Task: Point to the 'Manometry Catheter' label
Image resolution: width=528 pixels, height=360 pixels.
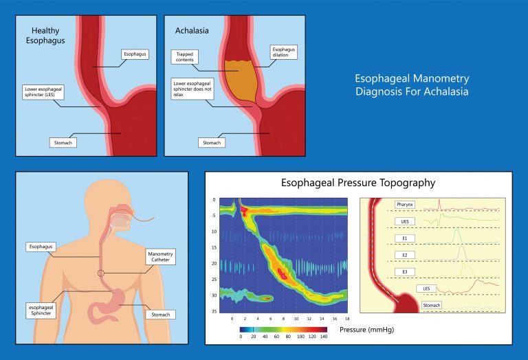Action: click(160, 257)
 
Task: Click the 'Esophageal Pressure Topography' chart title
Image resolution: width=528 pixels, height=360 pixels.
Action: click(357, 183)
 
